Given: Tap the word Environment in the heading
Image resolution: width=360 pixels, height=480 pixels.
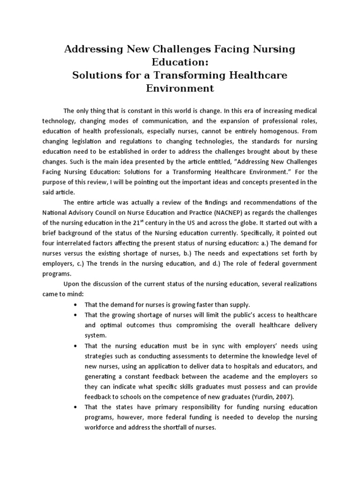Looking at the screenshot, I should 180,88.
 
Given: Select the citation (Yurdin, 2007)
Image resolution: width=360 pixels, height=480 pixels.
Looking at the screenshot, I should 259,397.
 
